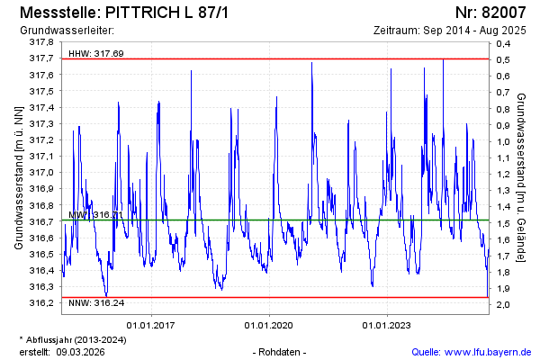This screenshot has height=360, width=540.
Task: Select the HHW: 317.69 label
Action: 95,54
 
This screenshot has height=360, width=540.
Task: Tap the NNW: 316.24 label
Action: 95,304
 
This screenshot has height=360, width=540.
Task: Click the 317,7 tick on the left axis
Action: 41,58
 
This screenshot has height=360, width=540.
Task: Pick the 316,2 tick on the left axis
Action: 41,302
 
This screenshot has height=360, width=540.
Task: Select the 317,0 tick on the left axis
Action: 41,172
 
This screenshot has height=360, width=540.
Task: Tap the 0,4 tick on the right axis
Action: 503,43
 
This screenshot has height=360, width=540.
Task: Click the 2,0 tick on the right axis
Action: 503,304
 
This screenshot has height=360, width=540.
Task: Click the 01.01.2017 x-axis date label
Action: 150,325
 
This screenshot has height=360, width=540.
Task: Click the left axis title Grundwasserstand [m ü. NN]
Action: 18,176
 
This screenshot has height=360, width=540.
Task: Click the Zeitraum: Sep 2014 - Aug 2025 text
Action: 454,31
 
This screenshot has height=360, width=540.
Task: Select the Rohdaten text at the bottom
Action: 282,352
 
